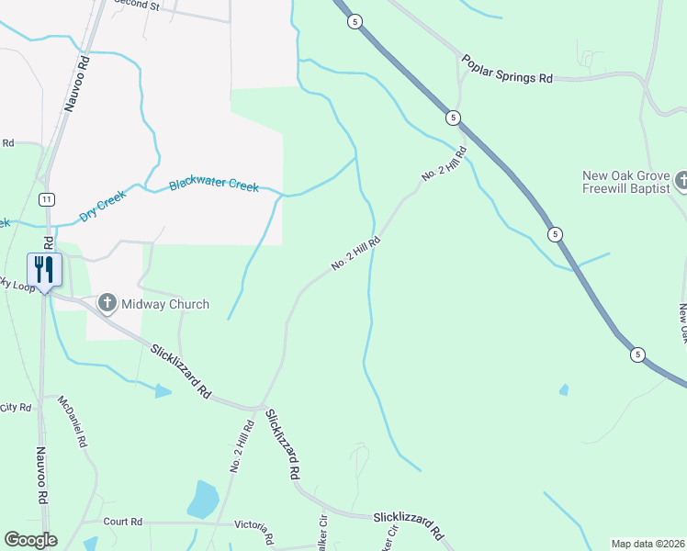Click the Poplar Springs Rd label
(x=507, y=70)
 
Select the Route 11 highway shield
(x=46, y=199)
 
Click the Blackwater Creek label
(x=213, y=186)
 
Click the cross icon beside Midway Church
(x=107, y=302)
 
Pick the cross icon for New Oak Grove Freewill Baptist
(x=681, y=180)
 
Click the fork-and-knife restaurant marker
(x=44, y=268)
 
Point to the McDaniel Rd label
(x=73, y=422)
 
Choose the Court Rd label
(x=122, y=522)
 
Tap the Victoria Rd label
(x=254, y=529)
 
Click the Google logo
(x=30, y=540)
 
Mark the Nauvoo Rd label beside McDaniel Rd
(x=41, y=475)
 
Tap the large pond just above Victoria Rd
(x=202, y=500)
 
